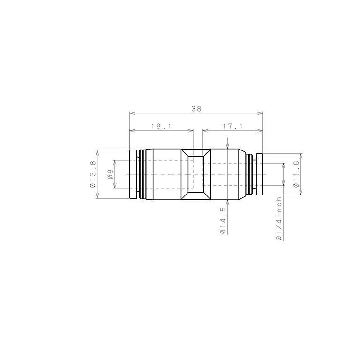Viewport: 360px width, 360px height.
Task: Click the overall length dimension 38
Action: [196, 109]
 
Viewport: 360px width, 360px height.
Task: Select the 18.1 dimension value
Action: [161, 126]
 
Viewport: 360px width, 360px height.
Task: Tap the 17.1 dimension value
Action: [232, 126]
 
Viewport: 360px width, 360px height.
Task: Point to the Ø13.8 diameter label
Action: [93, 174]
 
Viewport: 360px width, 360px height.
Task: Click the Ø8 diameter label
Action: [111, 174]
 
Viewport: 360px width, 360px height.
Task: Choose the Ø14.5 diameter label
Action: [223, 220]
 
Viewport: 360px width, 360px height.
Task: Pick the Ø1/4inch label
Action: [279, 219]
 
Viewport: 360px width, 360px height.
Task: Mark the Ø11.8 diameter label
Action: [296, 174]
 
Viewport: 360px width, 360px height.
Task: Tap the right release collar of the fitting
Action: [259, 174]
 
